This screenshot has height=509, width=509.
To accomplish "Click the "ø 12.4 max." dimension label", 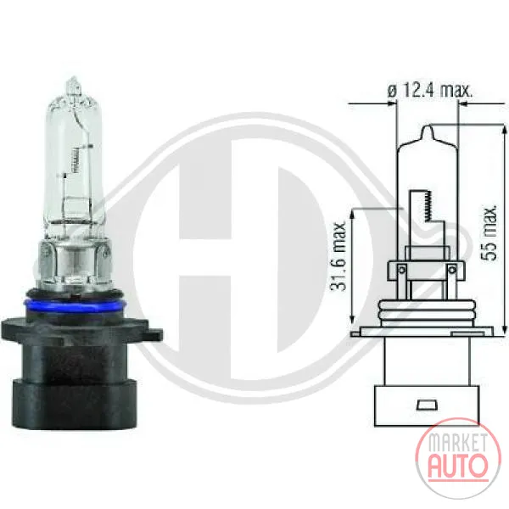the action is click(x=430, y=91).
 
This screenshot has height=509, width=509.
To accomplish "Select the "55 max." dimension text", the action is click(x=489, y=232).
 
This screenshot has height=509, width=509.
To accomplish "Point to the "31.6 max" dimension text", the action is click(x=338, y=256).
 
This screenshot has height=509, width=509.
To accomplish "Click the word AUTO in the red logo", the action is click(x=458, y=465).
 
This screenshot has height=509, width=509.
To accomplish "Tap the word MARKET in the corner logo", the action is click(x=458, y=442).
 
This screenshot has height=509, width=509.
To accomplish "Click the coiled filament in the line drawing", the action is click(x=428, y=206).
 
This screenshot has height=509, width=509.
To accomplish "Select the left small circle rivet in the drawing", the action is click(x=402, y=270).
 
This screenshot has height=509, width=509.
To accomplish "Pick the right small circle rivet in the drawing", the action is click(x=451, y=270).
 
